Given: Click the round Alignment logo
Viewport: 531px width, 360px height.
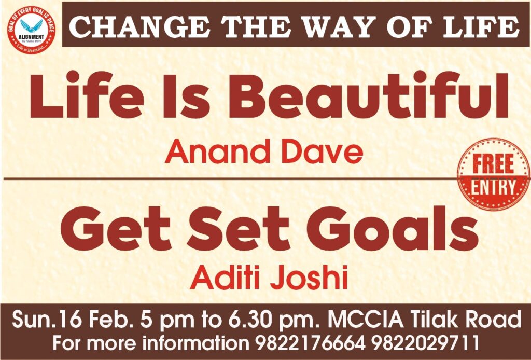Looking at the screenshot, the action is coord(31,30).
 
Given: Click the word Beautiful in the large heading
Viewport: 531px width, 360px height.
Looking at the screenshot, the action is coord(369,95).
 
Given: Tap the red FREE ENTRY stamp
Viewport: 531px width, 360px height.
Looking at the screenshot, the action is coord(494,174).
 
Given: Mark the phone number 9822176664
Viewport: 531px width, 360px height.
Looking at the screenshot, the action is coord(311,343).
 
